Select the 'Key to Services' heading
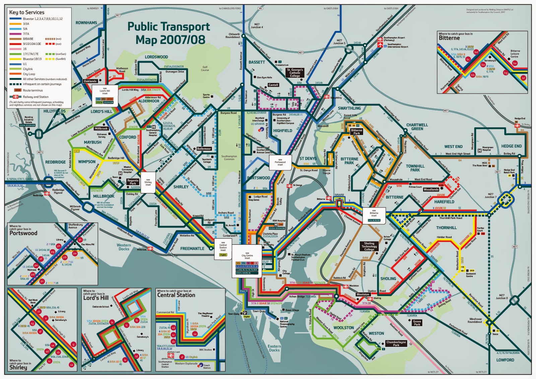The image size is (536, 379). (26, 12)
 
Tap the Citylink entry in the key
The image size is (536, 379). (28, 69)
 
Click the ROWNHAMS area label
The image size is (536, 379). (86, 23)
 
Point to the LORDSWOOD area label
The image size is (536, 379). (156, 57)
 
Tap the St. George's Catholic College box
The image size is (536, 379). (295, 73)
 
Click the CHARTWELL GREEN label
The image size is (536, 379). (417, 127)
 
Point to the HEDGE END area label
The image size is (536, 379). (511, 146)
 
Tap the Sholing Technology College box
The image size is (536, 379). (369, 246)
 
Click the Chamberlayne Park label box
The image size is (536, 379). (396, 344)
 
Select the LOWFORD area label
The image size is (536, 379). (505, 360)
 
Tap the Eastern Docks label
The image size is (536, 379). (274, 348)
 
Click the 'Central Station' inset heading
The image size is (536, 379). (176, 295)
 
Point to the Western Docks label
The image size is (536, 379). (124, 247)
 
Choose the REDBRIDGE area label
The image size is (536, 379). (56, 162)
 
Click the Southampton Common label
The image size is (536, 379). (229, 158)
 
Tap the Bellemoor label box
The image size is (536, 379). (204, 149)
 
